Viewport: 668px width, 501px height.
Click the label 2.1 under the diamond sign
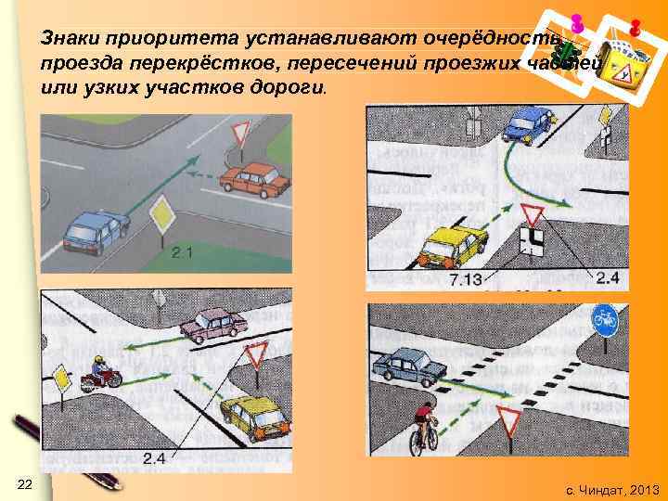182,251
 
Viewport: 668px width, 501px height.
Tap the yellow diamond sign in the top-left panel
162,214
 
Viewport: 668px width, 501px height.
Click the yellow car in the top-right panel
453,246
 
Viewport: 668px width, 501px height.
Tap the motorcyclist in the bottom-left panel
101,373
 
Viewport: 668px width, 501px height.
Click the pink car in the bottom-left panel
214,325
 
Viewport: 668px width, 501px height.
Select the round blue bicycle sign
606,322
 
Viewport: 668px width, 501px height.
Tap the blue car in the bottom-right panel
409,366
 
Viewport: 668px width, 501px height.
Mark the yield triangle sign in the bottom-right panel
507,418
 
